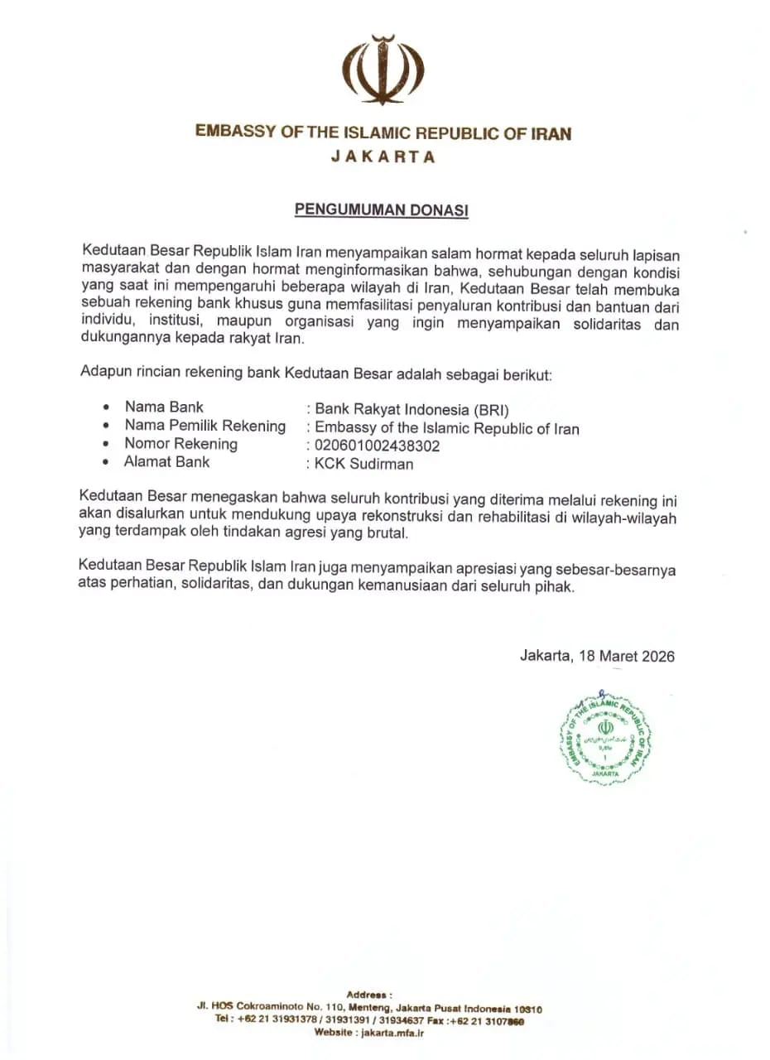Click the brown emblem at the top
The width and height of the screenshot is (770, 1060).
point(383,69)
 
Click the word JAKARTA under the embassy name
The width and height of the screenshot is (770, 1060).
point(383,157)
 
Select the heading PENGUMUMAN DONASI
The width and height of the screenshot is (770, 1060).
point(382,210)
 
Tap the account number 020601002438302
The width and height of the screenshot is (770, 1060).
point(377,446)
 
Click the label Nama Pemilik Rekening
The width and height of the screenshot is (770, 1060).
point(205,426)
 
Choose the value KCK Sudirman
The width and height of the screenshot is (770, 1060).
point(363,464)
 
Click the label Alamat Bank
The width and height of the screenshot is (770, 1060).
point(167,462)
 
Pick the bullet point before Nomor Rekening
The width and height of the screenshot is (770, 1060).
point(105,445)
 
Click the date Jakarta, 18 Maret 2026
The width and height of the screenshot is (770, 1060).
point(597,657)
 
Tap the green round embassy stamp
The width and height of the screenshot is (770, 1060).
point(605,737)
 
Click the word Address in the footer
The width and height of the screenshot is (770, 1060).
point(368,995)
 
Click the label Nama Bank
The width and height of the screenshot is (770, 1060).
point(164,407)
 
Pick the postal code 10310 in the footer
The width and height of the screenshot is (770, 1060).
point(528,1009)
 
